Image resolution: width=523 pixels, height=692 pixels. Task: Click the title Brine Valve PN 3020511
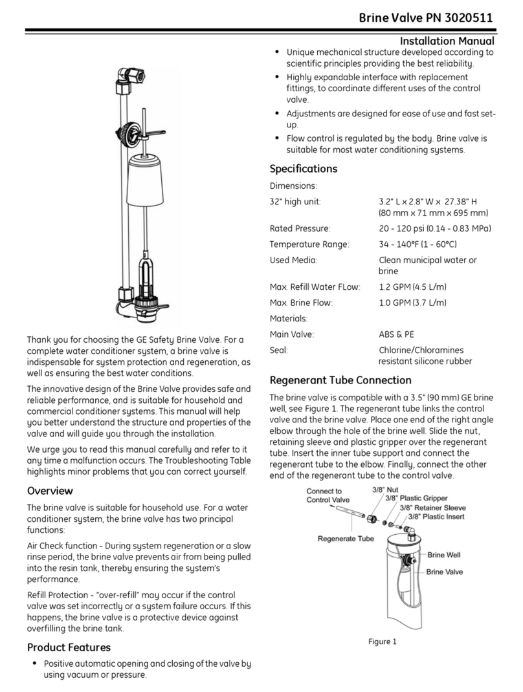coord(427,17)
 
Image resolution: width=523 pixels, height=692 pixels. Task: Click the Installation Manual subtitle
coord(447,41)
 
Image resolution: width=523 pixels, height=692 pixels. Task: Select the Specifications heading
coord(303,169)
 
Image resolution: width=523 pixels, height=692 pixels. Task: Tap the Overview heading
coord(50,491)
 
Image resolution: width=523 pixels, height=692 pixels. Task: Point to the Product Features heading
coord(69,647)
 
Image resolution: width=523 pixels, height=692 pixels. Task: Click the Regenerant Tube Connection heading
coord(340,380)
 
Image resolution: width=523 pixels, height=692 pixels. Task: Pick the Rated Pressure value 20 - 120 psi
coord(434,228)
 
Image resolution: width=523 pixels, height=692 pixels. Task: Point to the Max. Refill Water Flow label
coord(315,287)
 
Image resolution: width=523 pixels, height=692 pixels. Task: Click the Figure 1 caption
coord(381,642)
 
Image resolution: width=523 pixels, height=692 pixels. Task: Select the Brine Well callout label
coord(445,555)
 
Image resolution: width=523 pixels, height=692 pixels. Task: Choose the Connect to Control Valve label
coord(328,495)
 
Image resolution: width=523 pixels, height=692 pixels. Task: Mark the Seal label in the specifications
coord(278,350)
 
